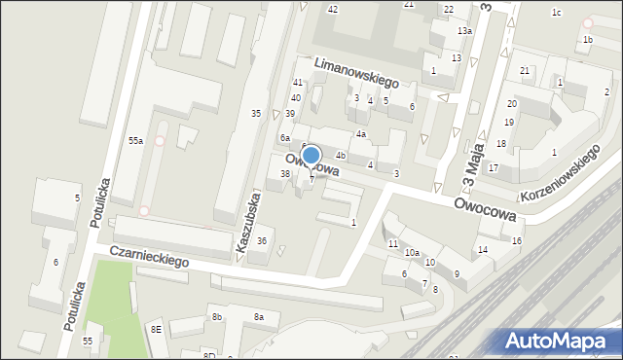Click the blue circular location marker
pyautogui.click(x=311, y=155)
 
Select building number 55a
pyautogui.click(x=136, y=141)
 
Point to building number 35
pyautogui.click(x=256, y=114)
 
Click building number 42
pyautogui.click(x=333, y=9)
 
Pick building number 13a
pyautogui.click(x=465, y=31)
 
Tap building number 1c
pyautogui.click(x=557, y=13)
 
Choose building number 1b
pyautogui.click(x=587, y=40)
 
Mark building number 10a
pyautogui.click(x=412, y=253)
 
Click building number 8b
pyautogui.click(x=218, y=317)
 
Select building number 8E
pyautogui.click(x=156, y=329)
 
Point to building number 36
pyautogui.click(x=261, y=241)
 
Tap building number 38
pyautogui.click(x=285, y=174)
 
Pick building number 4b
pyautogui.click(x=341, y=155)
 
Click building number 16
pyautogui.click(x=517, y=240)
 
